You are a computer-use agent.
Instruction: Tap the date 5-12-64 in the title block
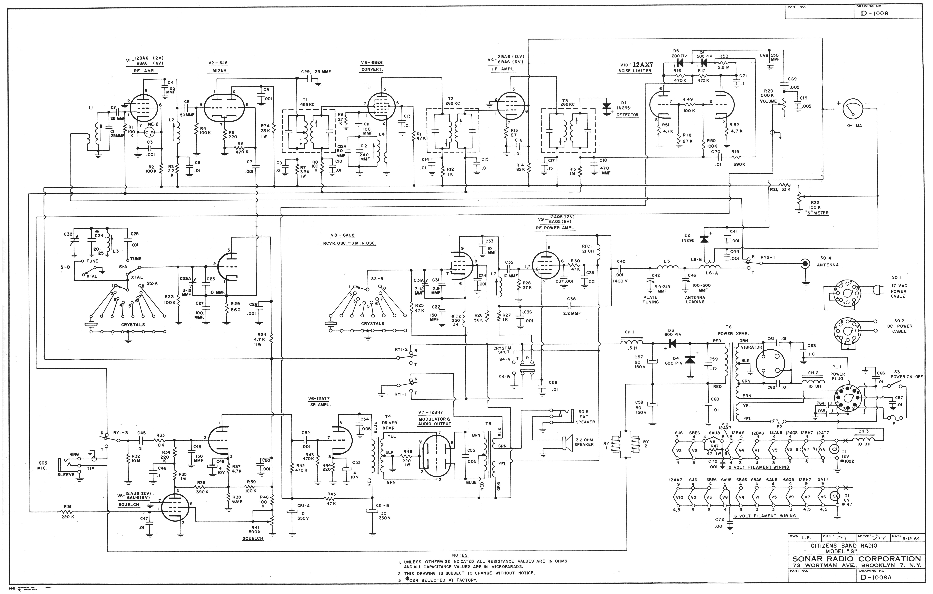click(x=912, y=538)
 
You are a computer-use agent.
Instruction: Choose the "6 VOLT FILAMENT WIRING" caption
click(x=765, y=516)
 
